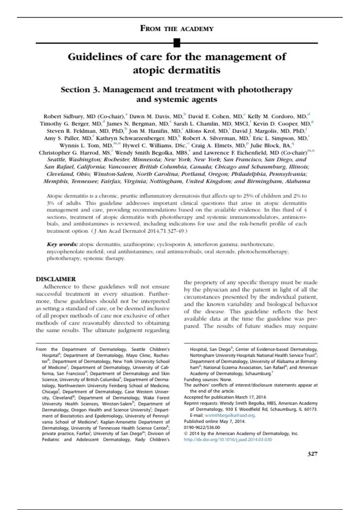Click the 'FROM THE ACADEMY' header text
tap(177, 29)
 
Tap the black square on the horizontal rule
tap(177, 43)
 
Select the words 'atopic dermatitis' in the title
tap(177, 70)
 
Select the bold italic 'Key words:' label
tap(62, 244)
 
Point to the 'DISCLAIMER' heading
tap(56, 279)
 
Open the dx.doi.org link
tap(228, 439)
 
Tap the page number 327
tap(312, 454)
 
